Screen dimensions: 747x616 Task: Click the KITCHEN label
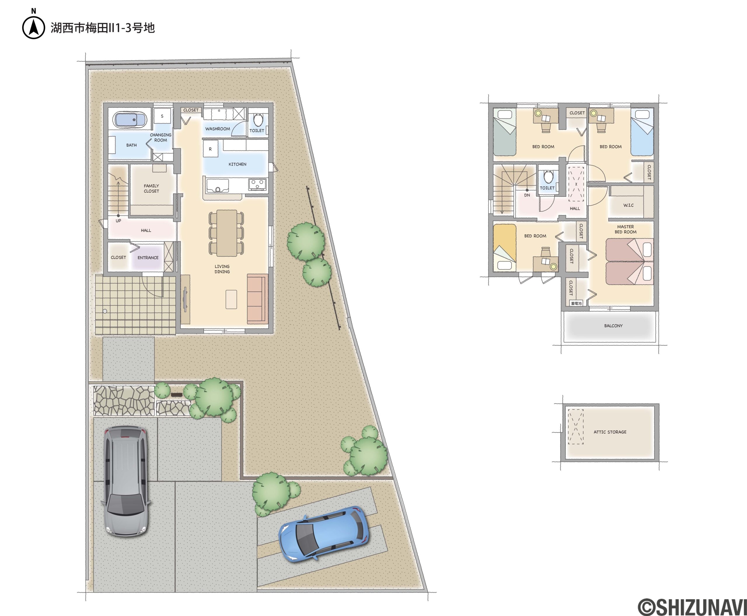237,164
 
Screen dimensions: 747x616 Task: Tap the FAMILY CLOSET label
151,188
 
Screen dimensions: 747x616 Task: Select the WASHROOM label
217,129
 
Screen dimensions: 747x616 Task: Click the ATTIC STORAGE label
610,432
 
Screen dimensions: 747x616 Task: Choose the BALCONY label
613,326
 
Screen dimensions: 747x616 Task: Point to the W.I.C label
628,206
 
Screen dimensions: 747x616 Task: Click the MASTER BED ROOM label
625,229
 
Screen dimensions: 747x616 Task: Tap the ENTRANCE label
148,257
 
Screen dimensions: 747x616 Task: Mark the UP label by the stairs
118,221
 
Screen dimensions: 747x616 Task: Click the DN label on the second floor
527,195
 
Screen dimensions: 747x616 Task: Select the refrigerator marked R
210,149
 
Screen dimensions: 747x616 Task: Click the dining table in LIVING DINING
227,233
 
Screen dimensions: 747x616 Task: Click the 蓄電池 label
576,303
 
